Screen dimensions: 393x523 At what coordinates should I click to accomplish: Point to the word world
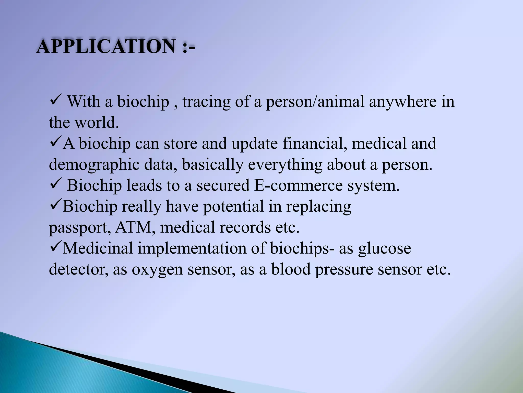click(x=97, y=123)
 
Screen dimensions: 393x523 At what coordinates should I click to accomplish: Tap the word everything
click(x=285, y=165)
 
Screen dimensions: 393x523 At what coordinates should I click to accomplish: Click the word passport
click(x=78, y=228)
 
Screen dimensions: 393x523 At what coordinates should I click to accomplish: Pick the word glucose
click(x=384, y=249)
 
